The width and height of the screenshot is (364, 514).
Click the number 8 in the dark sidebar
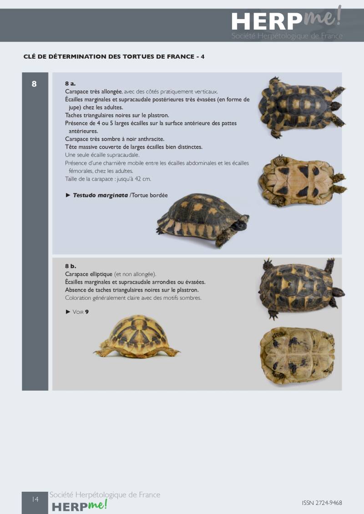coord(34,84)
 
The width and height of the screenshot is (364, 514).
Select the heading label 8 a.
coord(70,84)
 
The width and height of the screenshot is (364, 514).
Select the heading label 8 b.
coord(71,266)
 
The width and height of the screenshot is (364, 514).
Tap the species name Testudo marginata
coord(101,196)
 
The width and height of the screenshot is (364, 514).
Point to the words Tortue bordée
coord(150,196)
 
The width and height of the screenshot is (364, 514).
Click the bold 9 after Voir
coord(87,312)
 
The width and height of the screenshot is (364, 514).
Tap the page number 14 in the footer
coord(35,499)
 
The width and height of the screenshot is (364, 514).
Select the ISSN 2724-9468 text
coord(322,503)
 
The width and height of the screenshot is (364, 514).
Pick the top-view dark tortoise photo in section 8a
coord(302,106)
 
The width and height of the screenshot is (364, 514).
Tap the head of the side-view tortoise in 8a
coord(241,223)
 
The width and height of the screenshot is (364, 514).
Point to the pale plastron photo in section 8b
coord(298,355)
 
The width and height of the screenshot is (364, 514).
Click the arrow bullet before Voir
coord(68,312)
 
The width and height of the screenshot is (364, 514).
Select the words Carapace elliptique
coord(89,274)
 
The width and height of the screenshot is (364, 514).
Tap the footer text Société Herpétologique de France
coord(105,494)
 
